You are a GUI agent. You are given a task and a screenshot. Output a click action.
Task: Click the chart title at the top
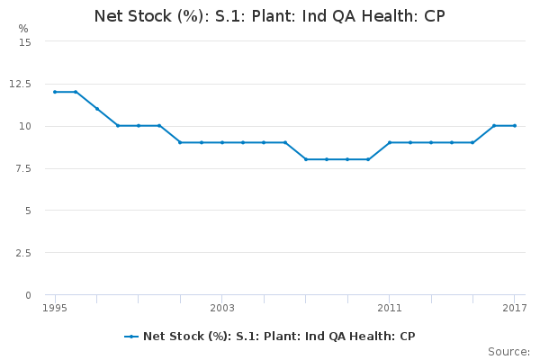tap(270, 16)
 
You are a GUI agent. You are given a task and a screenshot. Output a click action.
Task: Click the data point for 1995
tap(55, 92)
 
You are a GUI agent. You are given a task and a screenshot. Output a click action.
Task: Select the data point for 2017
tap(515, 126)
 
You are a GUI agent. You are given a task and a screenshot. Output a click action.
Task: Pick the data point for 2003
tap(222, 142)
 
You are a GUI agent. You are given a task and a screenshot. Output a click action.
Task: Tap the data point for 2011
tap(390, 142)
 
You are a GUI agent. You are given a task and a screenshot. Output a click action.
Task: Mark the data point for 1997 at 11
tap(97, 109)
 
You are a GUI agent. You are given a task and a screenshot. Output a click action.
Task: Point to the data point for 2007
tap(306, 159)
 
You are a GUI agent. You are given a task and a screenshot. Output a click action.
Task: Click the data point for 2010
tap(368, 159)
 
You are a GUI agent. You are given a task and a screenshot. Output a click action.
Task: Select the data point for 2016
tap(494, 126)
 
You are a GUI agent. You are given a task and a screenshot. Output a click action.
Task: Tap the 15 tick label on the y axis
tap(25, 42)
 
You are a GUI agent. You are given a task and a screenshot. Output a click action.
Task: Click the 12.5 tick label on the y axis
tap(20, 84)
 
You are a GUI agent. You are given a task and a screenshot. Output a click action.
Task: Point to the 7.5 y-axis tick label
tap(23, 168)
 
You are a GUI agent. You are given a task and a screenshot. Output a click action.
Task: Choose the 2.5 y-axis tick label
tap(23, 253)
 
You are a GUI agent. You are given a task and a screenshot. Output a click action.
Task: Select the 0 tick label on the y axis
tap(28, 295)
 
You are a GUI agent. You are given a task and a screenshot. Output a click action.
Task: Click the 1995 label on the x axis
tap(55, 308)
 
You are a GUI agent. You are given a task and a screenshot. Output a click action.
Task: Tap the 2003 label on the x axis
tap(222, 308)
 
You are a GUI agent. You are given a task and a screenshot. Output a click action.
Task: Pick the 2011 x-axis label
tap(390, 308)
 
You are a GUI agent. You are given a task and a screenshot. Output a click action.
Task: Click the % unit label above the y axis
tap(23, 29)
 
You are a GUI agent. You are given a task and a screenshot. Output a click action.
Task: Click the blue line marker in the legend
tap(131, 337)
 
